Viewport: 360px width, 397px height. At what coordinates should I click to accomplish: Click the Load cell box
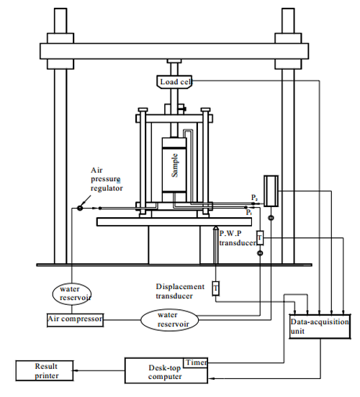coord(174,82)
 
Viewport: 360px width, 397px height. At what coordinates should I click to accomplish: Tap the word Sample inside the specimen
coord(175,165)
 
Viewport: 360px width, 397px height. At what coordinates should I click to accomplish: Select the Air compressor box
coord(75,320)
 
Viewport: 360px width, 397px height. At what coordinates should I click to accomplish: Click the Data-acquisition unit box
coord(320,327)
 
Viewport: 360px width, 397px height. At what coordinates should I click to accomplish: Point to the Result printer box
coord(45,370)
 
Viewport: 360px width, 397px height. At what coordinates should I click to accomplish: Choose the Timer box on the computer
coord(195,362)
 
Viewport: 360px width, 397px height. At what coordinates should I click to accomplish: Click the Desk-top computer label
coord(165,372)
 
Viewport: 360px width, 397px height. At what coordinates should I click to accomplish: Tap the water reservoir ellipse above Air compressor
coord(72,294)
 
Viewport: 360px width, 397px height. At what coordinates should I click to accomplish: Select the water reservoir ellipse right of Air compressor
coord(169,320)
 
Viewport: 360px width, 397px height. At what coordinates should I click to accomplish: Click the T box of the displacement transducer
coord(215,288)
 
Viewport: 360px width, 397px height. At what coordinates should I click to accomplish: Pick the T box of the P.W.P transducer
coord(260,238)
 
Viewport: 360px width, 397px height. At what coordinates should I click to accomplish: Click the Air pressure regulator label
coord(107,179)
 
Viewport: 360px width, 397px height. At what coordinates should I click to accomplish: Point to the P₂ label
coord(255,197)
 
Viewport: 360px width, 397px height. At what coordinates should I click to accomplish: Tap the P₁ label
coord(249,212)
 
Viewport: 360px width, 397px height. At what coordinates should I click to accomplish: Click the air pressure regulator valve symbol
coord(80,208)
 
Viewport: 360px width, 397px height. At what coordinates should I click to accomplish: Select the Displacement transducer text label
coord(180,291)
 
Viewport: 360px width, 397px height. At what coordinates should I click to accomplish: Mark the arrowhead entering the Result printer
coord(76,370)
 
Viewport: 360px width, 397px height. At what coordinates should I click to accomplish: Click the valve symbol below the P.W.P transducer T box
coord(260,253)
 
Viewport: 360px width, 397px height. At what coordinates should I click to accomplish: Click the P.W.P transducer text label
coord(238,238)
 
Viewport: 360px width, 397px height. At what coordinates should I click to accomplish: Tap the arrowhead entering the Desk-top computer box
coord(211,378)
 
